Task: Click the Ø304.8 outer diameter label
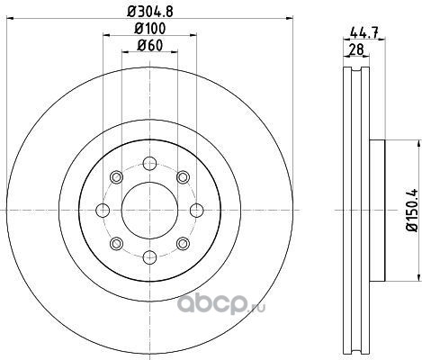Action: coord(150,12)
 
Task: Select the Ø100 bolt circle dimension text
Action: coord(150,29)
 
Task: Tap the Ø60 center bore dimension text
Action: coord(150,46)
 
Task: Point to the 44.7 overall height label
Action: coord(364,32)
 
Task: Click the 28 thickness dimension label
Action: coord(356,49)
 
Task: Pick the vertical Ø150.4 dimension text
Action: coord(412,210)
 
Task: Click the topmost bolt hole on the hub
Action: coord(149,164)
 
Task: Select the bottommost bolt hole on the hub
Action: coord(149,257)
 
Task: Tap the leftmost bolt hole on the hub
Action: coord(103,211)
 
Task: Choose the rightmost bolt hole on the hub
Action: coord(197,211)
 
